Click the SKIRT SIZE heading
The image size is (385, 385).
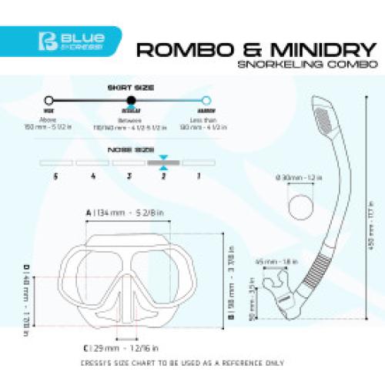127,88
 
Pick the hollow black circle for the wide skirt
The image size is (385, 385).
49,100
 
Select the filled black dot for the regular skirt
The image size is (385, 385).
128,100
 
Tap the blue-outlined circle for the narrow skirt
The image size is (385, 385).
206,100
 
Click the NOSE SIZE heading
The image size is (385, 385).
127,148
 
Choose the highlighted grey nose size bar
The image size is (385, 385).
162,163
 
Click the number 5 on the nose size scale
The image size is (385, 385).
55,176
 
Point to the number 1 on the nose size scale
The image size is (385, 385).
199,176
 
